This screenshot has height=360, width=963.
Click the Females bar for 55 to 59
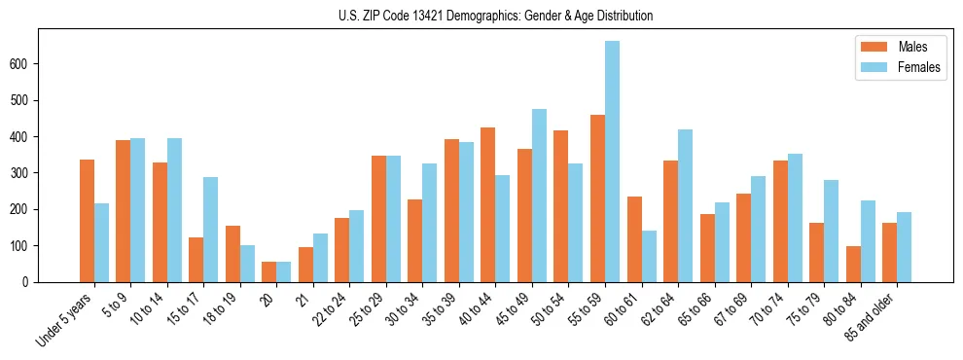pos(612,162)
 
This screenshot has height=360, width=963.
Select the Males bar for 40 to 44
pos(488,204)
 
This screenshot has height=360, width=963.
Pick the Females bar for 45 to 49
pos(539,196)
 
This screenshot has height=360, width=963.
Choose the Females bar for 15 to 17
pos(211,230)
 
